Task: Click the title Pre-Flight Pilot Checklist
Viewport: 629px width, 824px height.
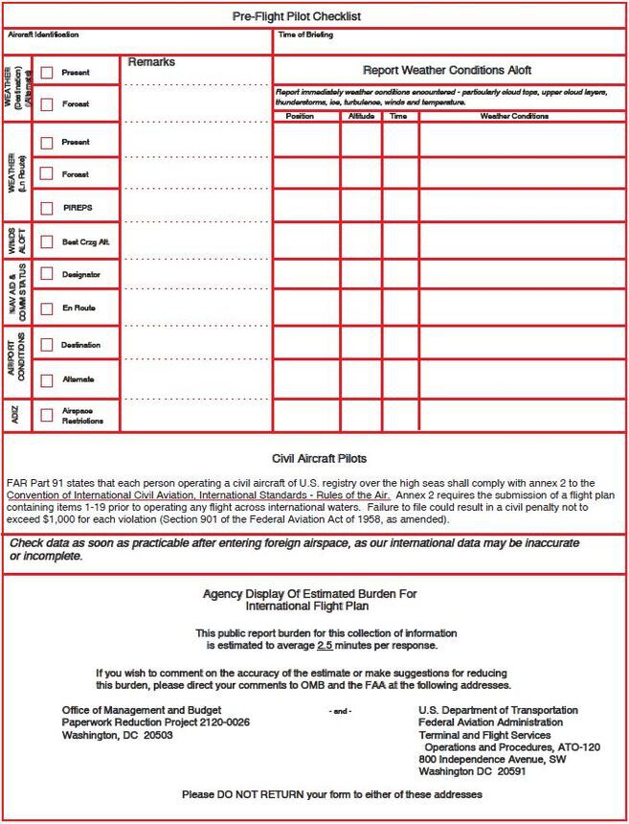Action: click(x=297, y=16)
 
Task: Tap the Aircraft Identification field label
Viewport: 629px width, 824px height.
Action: click(x=43, y=34)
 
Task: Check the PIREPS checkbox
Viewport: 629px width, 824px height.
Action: click(x=46, y=208)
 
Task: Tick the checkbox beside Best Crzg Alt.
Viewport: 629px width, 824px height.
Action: click(x=46, y=242)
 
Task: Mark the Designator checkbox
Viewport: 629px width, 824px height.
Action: click(x=46, y=274)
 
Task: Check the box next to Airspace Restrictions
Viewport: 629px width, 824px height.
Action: click(x=46, y=416)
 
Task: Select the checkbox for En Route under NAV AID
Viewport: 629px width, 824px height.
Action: click(x=46, y=309)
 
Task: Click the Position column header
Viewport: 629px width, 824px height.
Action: click(x=300, y=116)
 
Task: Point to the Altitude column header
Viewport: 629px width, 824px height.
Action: click(x=361, y=116)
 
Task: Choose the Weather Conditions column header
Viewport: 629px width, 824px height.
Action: click(x=514, y=116)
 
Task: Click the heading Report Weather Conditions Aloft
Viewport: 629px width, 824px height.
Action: click(x=446, y=71)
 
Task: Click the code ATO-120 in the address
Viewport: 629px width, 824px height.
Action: click(x=579, y=746)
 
